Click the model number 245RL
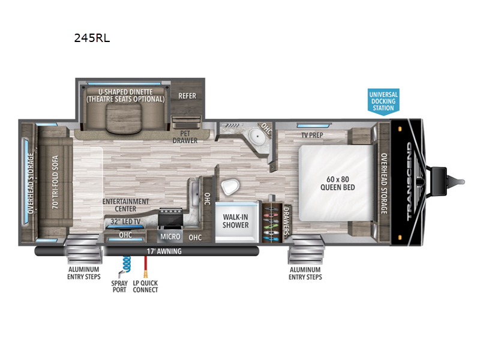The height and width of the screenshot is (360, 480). (92, 38)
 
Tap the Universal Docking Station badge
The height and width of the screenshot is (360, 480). (383, 101)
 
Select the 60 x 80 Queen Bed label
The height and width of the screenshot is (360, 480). (338, 183)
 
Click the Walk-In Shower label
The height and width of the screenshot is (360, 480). (235, 221)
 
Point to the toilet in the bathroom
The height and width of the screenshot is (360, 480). (230, 187)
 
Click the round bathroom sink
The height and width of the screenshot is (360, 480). (257, 136)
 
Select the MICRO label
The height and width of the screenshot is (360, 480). (170, 236)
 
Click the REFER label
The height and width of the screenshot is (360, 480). (187, 96)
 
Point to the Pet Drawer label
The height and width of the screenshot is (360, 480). (185, 137)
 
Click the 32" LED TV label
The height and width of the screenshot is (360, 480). (125, 221)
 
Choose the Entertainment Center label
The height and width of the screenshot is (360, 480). (125, 205)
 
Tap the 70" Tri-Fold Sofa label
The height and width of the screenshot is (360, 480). (55, 182)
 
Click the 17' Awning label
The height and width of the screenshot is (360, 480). (164, 251)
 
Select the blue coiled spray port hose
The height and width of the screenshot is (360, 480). (126, 264)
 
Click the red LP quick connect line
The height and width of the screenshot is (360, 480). (146, 267)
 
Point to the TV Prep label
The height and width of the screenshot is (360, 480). (312, 135)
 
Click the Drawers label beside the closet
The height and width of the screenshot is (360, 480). (286, 221)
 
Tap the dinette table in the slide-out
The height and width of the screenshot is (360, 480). (124, 118)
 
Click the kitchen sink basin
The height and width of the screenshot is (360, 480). (194, 194)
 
